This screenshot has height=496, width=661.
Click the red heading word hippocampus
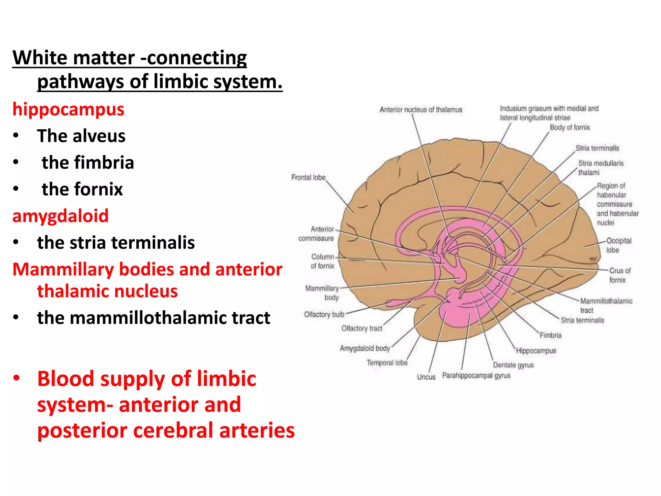click(x=68, y=109)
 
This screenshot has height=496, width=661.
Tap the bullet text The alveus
click(x=81, y=136)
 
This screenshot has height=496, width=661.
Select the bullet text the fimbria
click(x=88, y=162)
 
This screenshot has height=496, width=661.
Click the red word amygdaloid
click(x=60, y=216)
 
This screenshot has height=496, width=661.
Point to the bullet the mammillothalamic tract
click(x=153, y=318)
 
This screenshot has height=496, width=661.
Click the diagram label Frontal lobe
click(x=308, y=177)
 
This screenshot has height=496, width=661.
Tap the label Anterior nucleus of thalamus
click(x=421, y=110)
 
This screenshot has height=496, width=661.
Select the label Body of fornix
click(x=570, y=127)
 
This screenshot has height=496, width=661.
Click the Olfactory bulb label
click(x=324, y=314)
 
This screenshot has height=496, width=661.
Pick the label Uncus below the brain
click(x=426, y=377)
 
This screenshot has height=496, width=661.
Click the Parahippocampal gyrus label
click(x=476, y=376)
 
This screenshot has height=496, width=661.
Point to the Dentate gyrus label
click(x=513, y=365)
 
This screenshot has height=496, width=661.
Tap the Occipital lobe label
click(x=618, y=245)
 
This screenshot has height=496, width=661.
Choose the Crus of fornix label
click(x=619, y=275)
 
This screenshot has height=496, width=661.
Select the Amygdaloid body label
click(x=365, y=348)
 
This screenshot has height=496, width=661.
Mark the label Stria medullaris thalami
click(x=600, y=168)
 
